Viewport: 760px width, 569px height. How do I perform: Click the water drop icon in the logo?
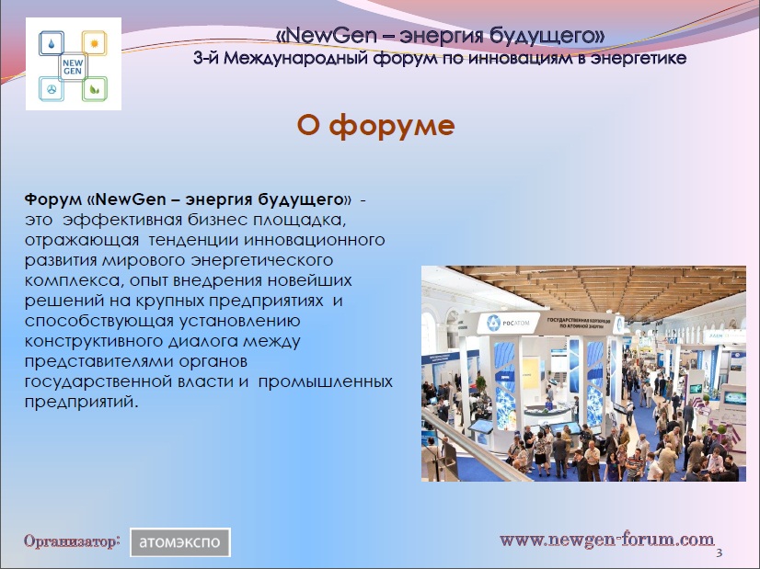tap(52, 43)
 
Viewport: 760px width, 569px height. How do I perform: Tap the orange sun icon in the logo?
tap(94, 43)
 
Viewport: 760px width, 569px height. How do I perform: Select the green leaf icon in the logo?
tap(95, 89)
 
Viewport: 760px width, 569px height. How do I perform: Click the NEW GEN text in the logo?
tap(73, 67)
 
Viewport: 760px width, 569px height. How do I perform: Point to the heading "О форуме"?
tap(375, 125)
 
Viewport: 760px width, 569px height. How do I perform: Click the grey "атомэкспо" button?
tap(179, 541)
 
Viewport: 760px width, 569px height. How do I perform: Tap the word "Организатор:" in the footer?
tap(72, 541)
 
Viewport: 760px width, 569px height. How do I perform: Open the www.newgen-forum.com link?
tap(607, 540)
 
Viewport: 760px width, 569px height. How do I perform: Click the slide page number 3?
tap(720, 552)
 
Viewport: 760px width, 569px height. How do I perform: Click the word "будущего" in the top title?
tap(547, 36)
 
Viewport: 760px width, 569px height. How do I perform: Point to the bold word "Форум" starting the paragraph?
tap(53, 199)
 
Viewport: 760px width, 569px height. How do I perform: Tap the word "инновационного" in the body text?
tap(315, 240)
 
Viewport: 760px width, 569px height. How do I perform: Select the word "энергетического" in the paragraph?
tap(262, 260)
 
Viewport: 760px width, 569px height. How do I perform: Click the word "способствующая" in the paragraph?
tap(98, 321)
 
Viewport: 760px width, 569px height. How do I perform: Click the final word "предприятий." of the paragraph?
tap(81, 402)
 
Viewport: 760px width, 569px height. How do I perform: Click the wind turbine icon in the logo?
tap(52, 89)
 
